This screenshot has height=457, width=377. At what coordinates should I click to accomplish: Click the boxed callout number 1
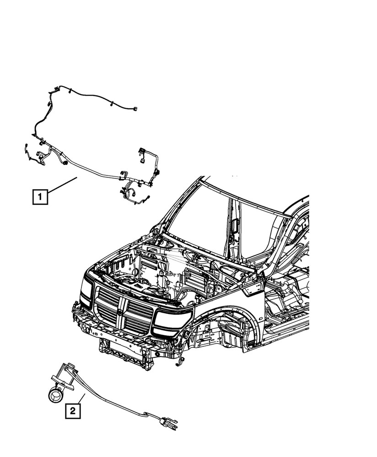[x=40, y=197]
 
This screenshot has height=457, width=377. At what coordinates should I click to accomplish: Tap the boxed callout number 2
[x=73, y=410]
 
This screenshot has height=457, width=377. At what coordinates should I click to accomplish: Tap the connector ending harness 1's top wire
[x=136, y=109]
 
